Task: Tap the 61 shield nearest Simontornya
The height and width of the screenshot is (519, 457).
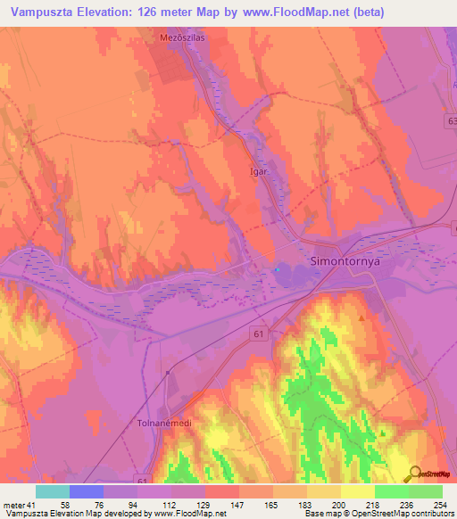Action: pos(259,334)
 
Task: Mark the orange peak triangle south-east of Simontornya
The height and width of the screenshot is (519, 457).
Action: pos(361,317)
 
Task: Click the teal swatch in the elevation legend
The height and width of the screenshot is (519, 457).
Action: pos(53,491)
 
